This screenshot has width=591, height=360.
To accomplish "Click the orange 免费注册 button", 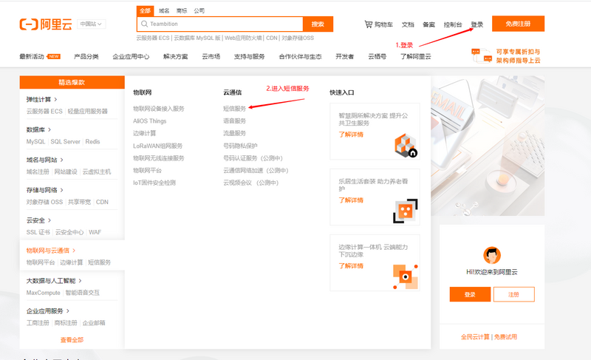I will [x=518, y=24].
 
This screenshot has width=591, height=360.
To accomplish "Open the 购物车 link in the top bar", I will [x=379, y=24].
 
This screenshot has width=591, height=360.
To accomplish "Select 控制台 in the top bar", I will [x=453, y=24].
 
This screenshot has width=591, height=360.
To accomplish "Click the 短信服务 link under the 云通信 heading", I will [x=235, y=109].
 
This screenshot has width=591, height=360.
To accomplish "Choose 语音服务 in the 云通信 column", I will [x=235, y=120].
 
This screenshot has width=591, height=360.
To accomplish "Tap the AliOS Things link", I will [x=150, y=120].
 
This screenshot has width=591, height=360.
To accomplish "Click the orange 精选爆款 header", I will [x=72, y=82].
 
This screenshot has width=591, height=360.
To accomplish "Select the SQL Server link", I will [x=66, y=141].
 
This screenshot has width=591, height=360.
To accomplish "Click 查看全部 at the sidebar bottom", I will [x=72, y=340].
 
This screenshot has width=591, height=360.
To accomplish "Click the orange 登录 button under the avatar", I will [x=470, y=294].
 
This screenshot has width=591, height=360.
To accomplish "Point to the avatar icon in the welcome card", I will [x=491, y=255].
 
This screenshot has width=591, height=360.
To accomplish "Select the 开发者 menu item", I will [x=344, y=56].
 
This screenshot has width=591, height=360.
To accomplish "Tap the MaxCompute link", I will [x=44, y=293].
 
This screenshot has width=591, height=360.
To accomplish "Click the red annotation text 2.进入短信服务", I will [x=287, y=89].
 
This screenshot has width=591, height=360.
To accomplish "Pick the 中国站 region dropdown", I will [x=92, y=24].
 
